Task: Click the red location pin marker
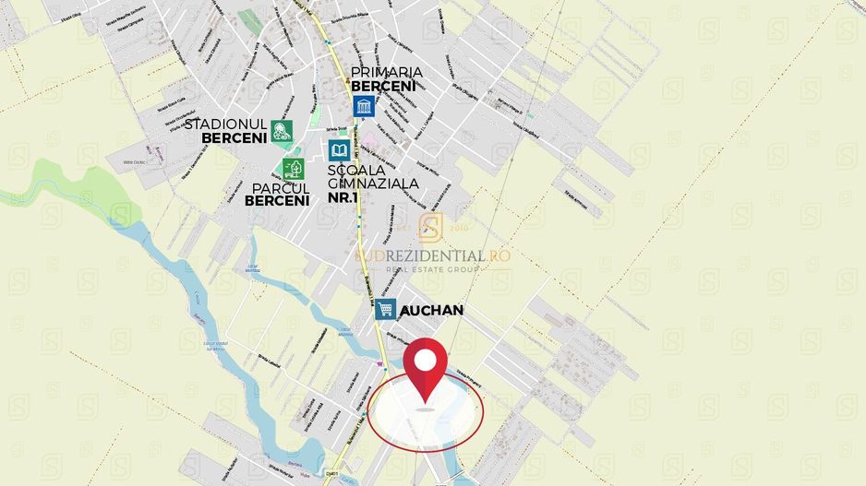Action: (x=426, y=369)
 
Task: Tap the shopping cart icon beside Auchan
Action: (x=386, y=309)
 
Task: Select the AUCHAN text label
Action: (x=432, y=311)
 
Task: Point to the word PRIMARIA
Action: (x=387, y=72)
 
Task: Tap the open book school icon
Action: (x=339, y=150)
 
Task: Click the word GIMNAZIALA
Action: (x=373, y=183)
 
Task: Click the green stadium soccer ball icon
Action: (x=282, y=131)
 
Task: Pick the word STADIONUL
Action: (x=226, y=124)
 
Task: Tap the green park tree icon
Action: (x=294, y=169)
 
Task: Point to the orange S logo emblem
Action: (x=430, y=227)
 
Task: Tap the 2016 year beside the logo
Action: (x=459, y=227)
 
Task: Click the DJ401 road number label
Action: (x=331, y=475)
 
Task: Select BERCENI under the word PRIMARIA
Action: (x=383, y=86)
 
